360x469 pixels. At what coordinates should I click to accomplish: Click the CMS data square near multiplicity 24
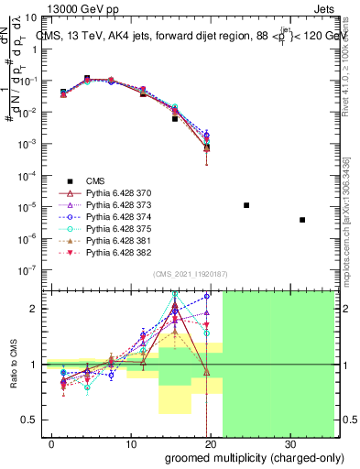[x=246, y=205]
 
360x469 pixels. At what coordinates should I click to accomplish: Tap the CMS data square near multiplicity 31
[x=302, y=220]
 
